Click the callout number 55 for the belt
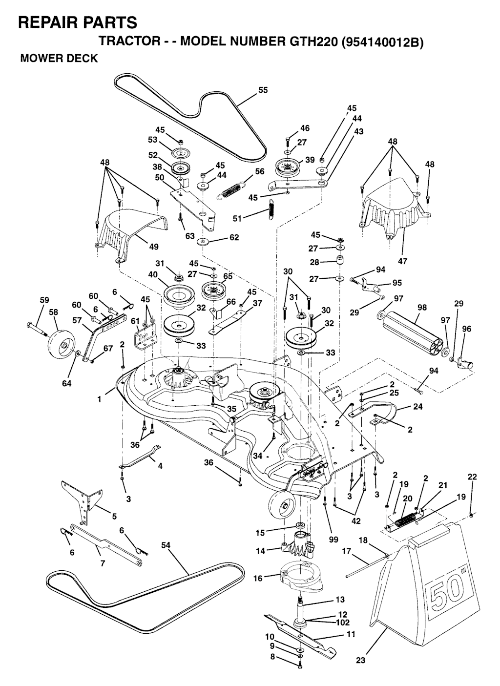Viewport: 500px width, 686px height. (x=263, y=90)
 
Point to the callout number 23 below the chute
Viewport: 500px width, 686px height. (x=361, y=661)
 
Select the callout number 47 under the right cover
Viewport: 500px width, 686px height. (x=402, y=261)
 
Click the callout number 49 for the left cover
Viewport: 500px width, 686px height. (x=154, y=247)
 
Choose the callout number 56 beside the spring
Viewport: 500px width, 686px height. (x=260, y=171)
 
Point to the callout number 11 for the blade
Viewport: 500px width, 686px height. (x=351, y=634)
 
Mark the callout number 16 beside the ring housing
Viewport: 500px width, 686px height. (x=258, y=579)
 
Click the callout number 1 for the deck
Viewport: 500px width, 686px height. (x=100, y=399)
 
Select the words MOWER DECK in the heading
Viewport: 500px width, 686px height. (x=59, y=59)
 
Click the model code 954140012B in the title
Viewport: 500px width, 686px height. (x=382, y=42)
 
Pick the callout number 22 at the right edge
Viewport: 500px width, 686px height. (x=472, y=477)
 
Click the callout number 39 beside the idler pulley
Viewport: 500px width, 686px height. (x=310, y=160)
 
